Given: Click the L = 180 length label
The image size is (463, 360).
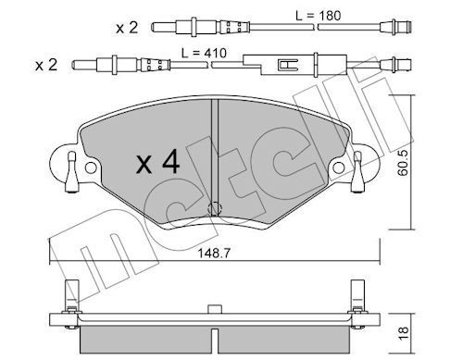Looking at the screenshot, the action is click(x=319, y=16).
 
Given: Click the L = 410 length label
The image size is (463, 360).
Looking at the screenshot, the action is click(x=204, y=53).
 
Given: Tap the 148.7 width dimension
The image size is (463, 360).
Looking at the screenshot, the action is click(x=214, y=254).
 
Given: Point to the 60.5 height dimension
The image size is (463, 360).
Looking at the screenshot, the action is click(x=403, y=163).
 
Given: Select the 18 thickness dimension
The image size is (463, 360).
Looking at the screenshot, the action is click(x=403, y=333).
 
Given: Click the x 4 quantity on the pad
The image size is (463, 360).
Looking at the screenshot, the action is click(x=157, y=161).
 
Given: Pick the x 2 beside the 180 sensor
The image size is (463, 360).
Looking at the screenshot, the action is click(x=127, y=28).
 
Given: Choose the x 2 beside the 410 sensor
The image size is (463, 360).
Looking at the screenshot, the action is click(x=46, y=66).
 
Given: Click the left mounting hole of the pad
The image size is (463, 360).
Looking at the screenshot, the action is click(x=91, y=168).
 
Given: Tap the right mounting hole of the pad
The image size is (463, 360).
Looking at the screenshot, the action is click(x=339, y=168).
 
